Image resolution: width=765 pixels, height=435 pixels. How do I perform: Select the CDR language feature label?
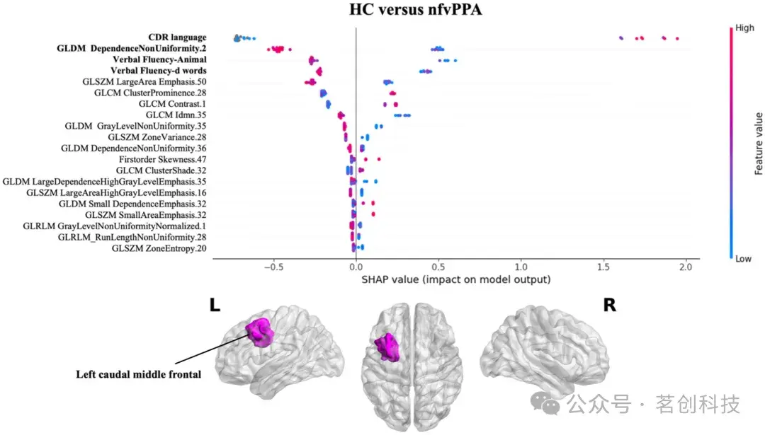[x=177, y=37]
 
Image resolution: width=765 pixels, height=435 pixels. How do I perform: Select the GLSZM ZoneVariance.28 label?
[x=157, y=137]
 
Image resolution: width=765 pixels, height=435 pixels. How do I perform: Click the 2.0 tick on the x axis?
[x=686, y=267]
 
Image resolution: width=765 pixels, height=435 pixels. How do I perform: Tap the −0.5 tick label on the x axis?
[x=271, y=267]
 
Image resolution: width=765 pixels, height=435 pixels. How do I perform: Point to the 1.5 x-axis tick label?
[x=603, y=267]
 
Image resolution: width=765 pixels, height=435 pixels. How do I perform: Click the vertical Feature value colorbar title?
[x=758, y=144]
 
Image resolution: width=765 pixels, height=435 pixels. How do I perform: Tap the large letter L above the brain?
[x=215, y=305]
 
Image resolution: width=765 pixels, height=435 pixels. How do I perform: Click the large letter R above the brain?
[x=608, y=305]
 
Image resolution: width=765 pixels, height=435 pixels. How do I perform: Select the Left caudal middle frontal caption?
[x=138, y=374]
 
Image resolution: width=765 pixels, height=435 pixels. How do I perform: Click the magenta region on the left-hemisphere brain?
[x=260, y=331]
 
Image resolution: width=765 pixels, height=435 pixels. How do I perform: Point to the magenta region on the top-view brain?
[x=387, y=347]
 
